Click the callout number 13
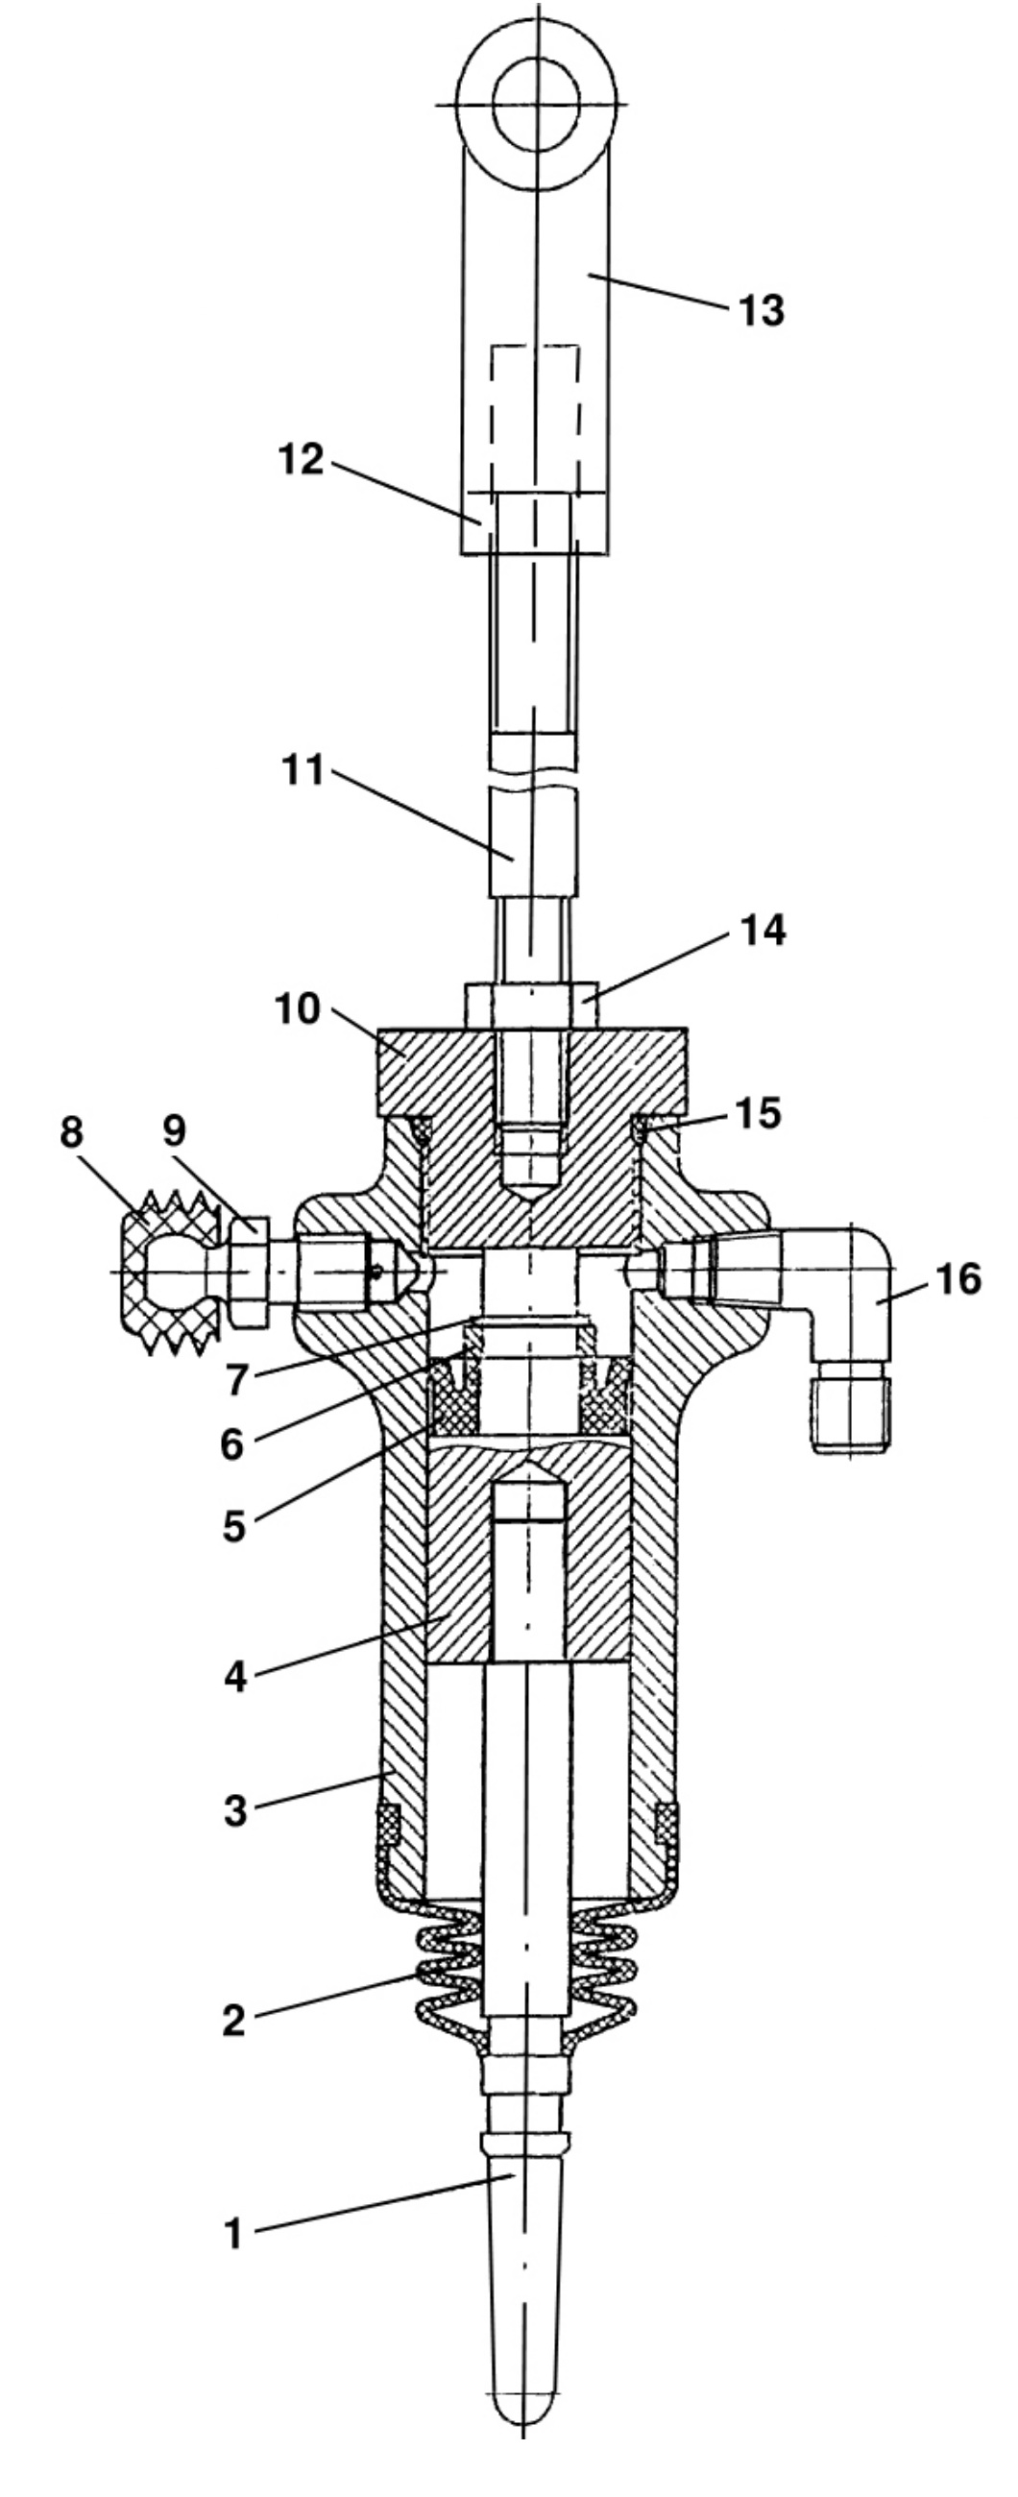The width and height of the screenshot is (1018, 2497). tap(761, 311)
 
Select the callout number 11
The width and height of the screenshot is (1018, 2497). tap(303, 773)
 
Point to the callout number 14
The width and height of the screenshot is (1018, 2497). tap(763, 931)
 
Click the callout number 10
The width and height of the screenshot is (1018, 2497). tap(297, 1009)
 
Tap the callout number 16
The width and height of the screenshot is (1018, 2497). tap(958, 1279)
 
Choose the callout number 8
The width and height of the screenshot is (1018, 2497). tap(73, 1132)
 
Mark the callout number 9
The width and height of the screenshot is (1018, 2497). tap(174, 1130)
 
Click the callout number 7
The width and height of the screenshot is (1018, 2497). tap(236, 1380)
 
